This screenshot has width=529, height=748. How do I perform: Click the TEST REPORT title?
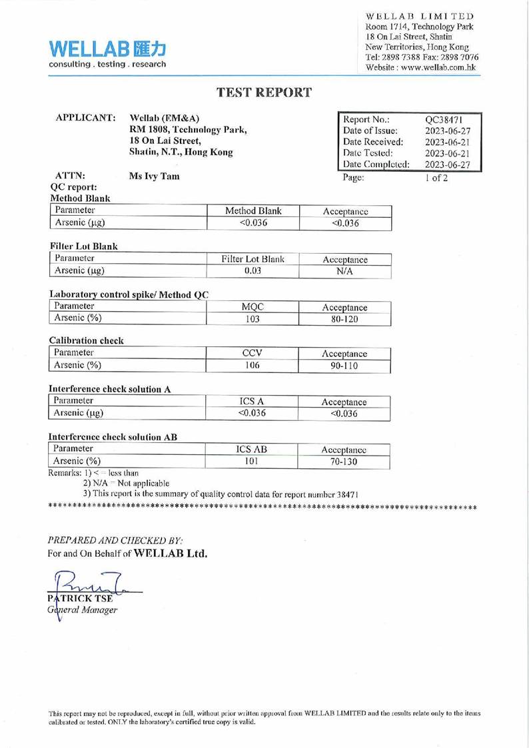pos(264,93)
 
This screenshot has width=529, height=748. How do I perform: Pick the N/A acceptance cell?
pos(345,272)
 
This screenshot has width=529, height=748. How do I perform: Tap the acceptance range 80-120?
pos(345,319)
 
